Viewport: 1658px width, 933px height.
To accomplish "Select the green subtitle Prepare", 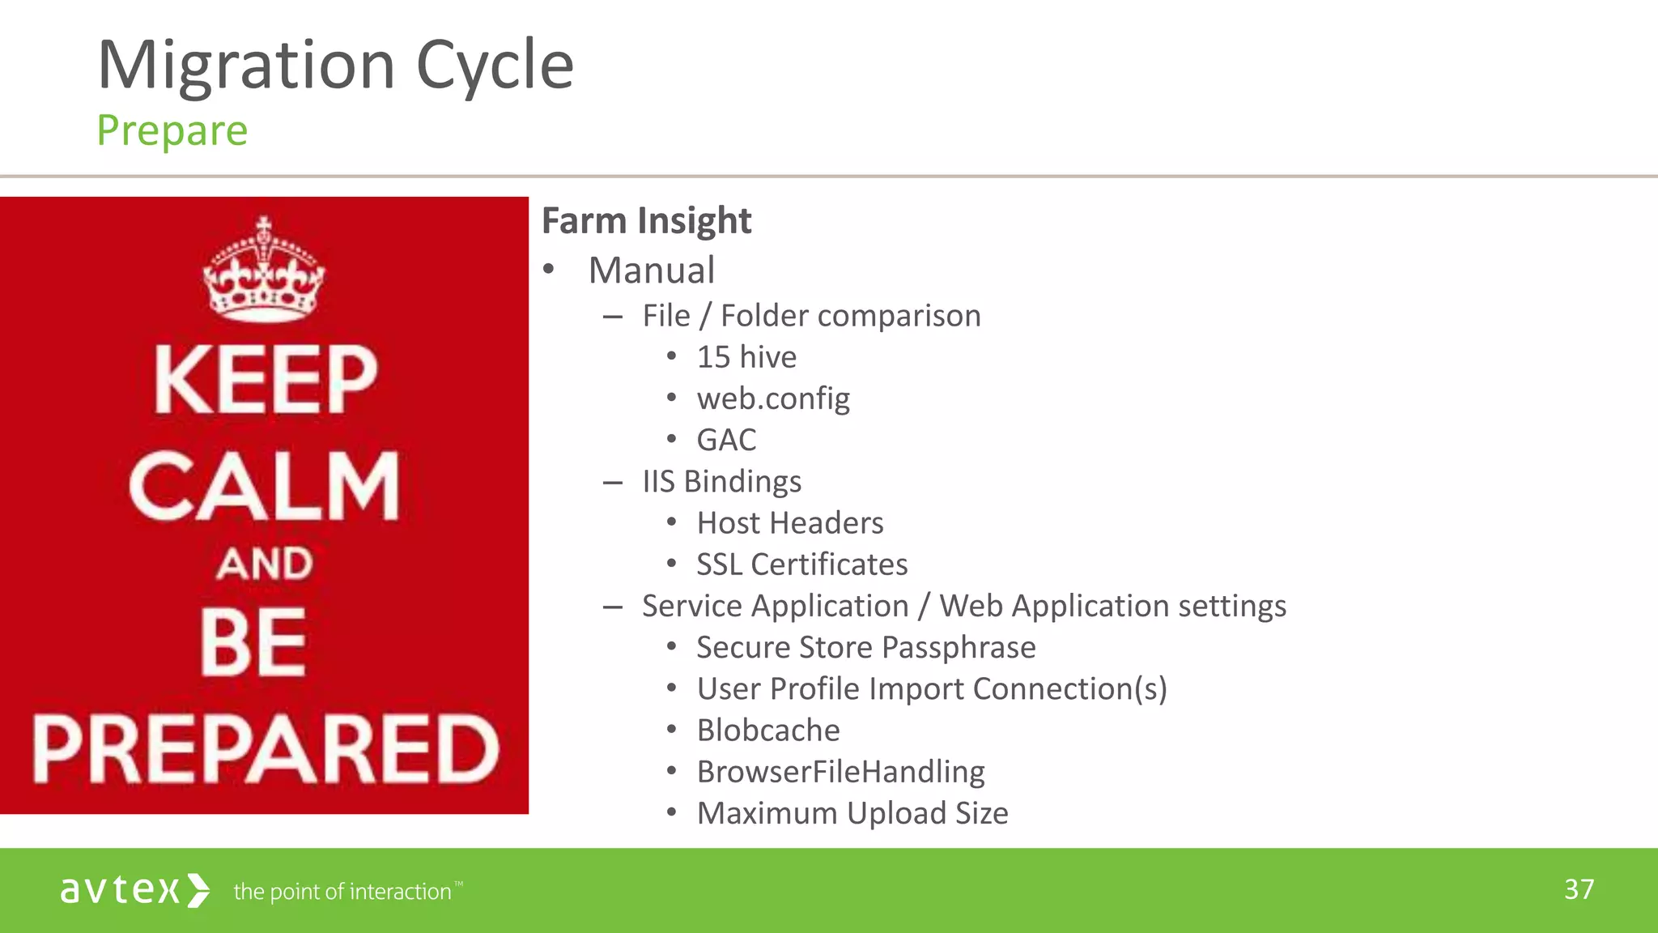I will click(172, 130).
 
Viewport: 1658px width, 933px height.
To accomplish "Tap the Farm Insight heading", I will click(646, 220).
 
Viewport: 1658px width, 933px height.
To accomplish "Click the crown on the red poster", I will click(263, 271).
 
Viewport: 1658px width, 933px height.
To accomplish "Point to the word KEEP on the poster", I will click(266, 379).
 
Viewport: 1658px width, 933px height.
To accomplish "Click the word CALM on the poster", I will click(264, 486).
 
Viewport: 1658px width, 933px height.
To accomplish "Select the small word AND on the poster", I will click(264, 563).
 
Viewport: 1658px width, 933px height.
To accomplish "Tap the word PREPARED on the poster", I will click(266, 749).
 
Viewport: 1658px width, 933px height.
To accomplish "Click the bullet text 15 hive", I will click(746, 357).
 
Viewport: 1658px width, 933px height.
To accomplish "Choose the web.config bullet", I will click(773, 398).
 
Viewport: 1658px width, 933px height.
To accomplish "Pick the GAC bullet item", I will click(726, 440).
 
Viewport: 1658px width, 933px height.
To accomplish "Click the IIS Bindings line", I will click(721, 481).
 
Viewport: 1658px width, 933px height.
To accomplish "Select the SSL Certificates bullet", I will click(801, 564).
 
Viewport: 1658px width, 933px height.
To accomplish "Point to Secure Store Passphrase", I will click(865, 647).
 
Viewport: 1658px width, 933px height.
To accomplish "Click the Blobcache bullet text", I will click(767, 731).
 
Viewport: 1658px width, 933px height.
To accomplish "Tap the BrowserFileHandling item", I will click(840, 772).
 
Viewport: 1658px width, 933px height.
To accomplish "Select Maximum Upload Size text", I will click(852, 813).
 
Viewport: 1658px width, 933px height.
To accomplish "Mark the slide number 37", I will click(1579, 889).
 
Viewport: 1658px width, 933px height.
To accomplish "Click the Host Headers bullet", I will click(789, 523).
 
